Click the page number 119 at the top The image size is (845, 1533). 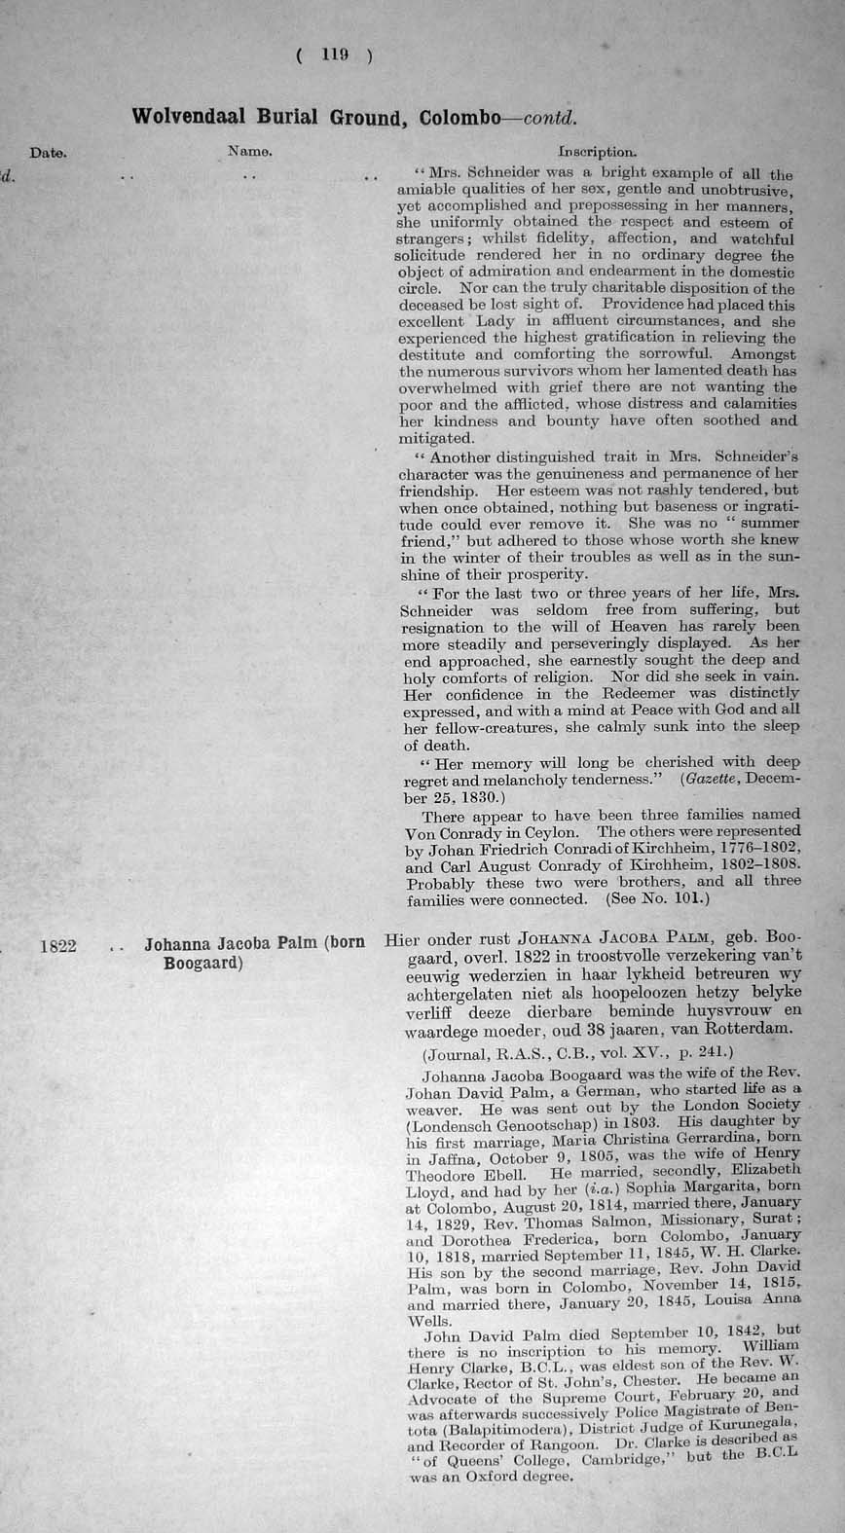[334, 55]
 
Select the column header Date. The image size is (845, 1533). [48, 153]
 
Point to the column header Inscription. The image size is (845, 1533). [597, 152]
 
